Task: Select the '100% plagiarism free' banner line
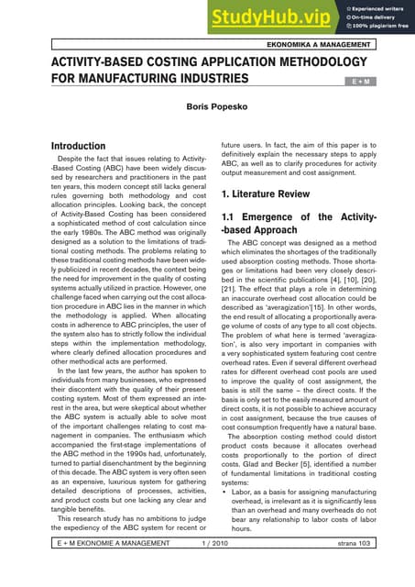[x=379, y=24]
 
